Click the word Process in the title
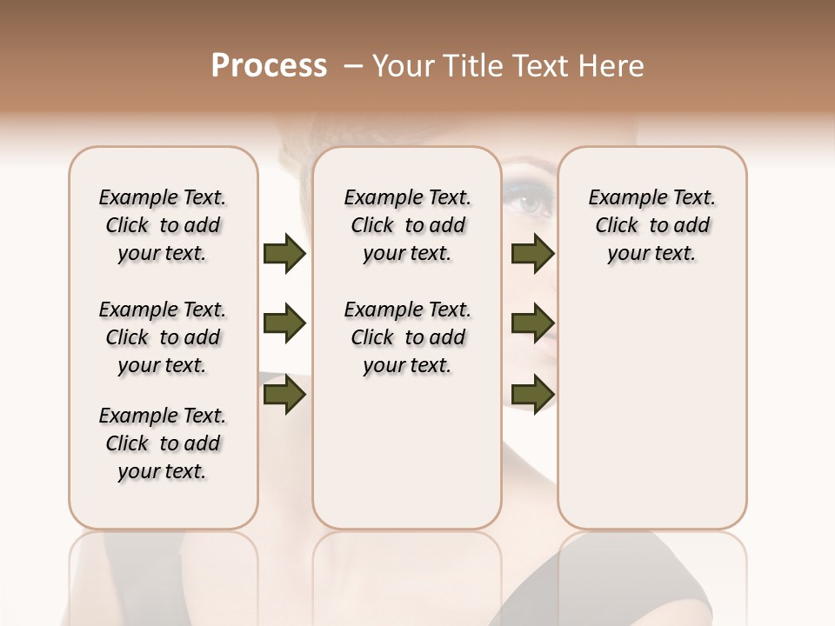click(x=269, y=66)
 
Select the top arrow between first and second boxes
click(x=284, y=254)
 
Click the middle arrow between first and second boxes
click(x=284, y=324)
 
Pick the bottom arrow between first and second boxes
click(x=284, y=396)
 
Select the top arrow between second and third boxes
click(x=533, y=254)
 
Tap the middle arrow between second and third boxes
click(x=533, y=324)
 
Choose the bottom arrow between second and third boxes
click(x=533, y=396)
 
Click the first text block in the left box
click(x=163, y=225)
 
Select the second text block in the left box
click(x=163, y=337)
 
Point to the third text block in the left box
click(x=163, y=443)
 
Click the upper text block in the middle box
click(x=407, y=225)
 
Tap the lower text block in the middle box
click(x=407, y=337)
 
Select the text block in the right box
click(x=651, y=225)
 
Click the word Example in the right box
click(x=620, y=198)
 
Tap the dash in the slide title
click(x=353, y=66)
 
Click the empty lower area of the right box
click(x=651, y=409)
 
